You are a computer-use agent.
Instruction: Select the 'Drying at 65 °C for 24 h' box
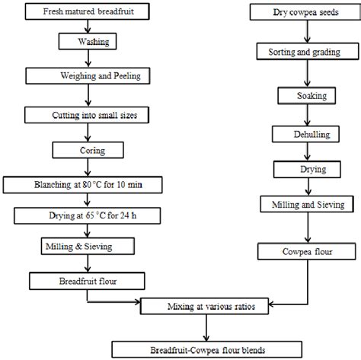[90, 215]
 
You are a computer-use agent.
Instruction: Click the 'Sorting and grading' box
[307, 53]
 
